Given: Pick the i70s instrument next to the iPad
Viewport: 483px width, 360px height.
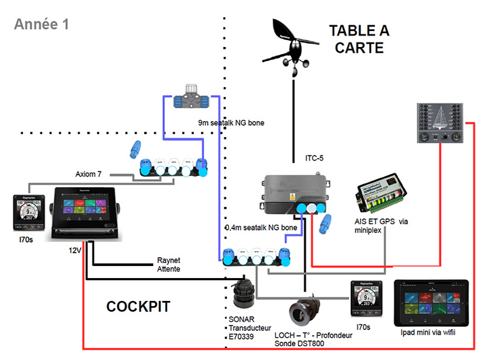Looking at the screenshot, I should (x=365, y=299).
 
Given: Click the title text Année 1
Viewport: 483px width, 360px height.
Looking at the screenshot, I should (x=41, y=25).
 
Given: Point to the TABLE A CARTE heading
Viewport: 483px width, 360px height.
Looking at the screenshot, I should (x=359, y=39).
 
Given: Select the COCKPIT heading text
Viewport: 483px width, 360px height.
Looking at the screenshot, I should (x=138, y=307).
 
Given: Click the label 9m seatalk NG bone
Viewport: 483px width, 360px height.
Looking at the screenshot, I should (x=229, y=123).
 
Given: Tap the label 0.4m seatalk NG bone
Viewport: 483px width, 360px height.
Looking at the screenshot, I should (x=261, y=227).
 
